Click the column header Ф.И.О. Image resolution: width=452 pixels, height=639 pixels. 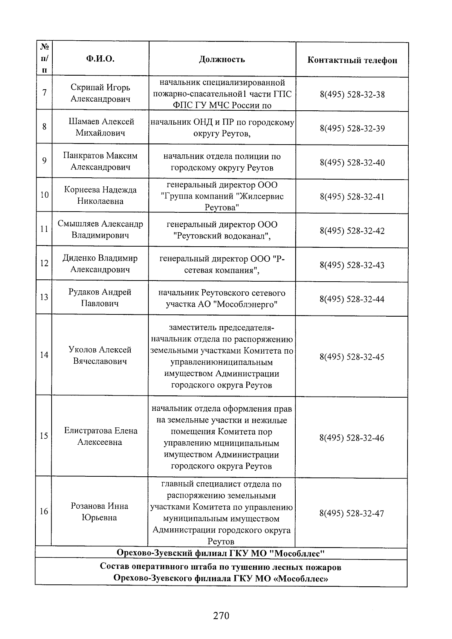[x=100, y=59]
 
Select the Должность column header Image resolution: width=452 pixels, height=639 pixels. [x=222, y=59]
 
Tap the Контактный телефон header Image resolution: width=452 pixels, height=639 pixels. [x=352, y=60]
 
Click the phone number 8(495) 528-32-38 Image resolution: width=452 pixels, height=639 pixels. [x=352, y=94]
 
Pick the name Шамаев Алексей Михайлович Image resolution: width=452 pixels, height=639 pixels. [x=101, y=127]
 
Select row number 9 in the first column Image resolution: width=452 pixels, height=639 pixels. [x=44, y=161]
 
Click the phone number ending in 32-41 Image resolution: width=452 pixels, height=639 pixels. [x=352, y=197]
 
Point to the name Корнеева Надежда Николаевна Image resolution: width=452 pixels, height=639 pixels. [x=100, y=195]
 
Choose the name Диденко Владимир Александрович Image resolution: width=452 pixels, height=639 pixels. [x=100, y=264]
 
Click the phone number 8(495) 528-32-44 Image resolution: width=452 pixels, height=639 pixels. [x=352, y=299]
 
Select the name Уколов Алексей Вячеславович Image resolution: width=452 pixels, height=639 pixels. [x=100, y=355]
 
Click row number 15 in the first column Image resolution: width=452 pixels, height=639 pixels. [x=44, y=436]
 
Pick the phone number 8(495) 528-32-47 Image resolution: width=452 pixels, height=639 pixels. [x=352, y=513]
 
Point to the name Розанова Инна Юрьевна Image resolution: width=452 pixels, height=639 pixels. [x=99, y=512]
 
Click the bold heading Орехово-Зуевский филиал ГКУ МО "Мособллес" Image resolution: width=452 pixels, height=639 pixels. [x=221, y=554]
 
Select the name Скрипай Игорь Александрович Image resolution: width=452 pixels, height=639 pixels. [x=100, y=93]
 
